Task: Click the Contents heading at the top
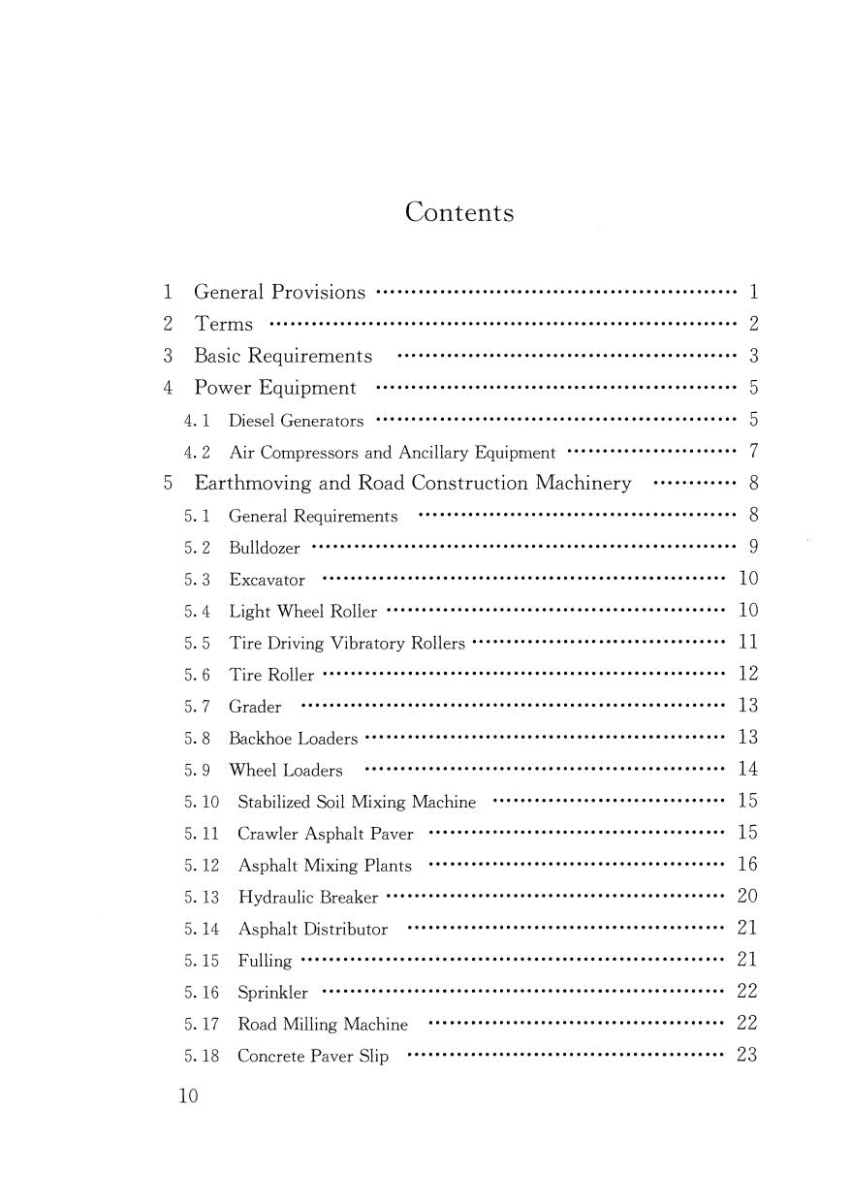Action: (x=459, y=212)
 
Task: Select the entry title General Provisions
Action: (x=280, y=292)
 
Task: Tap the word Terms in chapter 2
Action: (x=224, y=324)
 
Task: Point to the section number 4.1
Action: (x=197, y=421)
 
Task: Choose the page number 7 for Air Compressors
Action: (x=753, y=452)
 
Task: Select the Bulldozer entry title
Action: (x=265, y=548)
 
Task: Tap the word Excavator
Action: (x=267, y=580)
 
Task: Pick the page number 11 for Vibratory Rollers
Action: (x=747, y=642)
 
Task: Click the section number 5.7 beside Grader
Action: (x=197, y=707)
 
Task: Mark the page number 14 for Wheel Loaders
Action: (x=747, y=770)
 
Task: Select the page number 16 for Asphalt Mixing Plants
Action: (x=747, y=865)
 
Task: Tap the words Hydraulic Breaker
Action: (x=308, y=897)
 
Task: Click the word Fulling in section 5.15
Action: (x=265, y=961)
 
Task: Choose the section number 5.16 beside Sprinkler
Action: (x=202, y=993)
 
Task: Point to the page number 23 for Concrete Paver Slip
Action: (x=747, y=1056)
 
